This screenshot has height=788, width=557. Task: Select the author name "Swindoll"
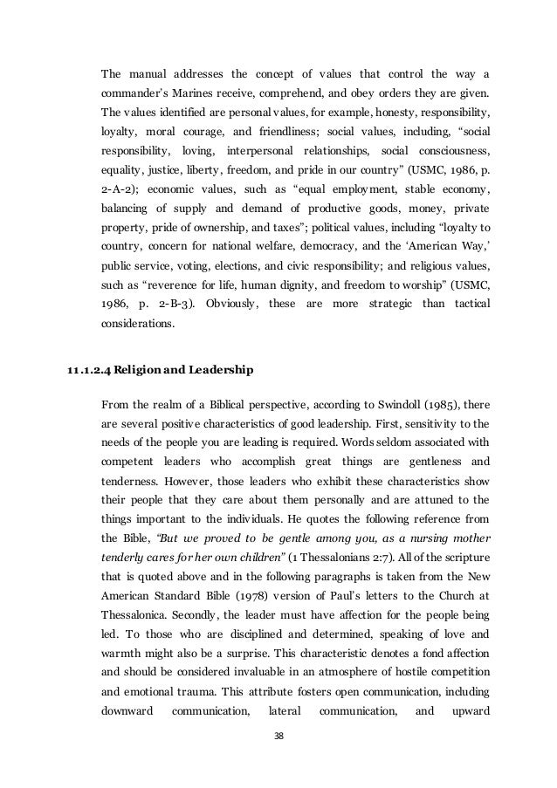tap(396, 404)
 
